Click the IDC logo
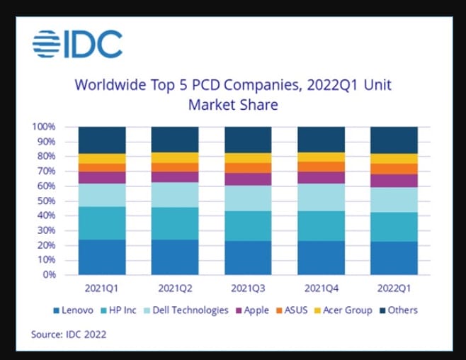point(77,44)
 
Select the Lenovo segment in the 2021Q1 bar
point(101,257)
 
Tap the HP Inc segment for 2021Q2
point(175,223)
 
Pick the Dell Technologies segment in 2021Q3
point(248,198)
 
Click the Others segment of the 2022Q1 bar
point(394,140)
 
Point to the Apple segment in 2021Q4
point(321,177)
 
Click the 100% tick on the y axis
point(45,127)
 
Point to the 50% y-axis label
point(47,201)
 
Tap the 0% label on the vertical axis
point(50,274)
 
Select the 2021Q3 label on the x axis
point(248,288)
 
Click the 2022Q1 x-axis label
point(394,288)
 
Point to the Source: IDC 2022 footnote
point(69,333)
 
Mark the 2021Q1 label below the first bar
point(101,288)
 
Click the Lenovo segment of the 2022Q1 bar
point(394,258)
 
